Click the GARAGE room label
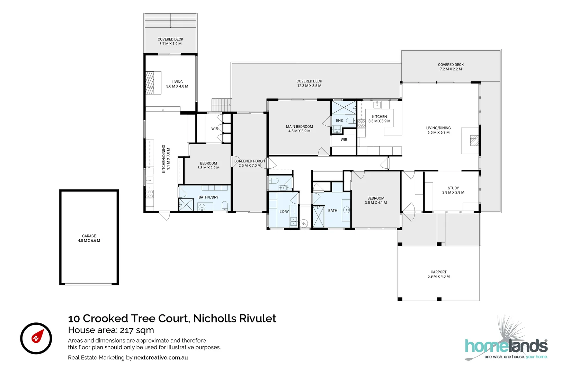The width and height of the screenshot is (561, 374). pyautogui.click(x=89, y=236)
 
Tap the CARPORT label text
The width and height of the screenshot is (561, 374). pyautogui.click(x=438, y=272)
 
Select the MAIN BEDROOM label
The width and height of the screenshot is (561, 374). pyautogui.click(x=299, y=127)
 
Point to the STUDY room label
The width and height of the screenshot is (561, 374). pyautogui.click(x=453, y=188)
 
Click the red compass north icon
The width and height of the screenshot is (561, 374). pyautogui.click(x=36, y=338)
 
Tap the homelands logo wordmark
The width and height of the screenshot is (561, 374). pyautogui.click(x=506, y=346)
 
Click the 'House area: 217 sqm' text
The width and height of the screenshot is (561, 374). pyautogui.click(x=111, y=330)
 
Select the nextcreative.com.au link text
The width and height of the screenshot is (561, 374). pyautogui.click(x=161, y=357)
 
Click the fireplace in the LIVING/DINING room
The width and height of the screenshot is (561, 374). pyautogui.click(x=474, y=140)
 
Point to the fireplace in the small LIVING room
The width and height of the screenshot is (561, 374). pyautogui.click(x=150, y=83)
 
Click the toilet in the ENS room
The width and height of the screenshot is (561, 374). pyautogui.click(x=350, y=121)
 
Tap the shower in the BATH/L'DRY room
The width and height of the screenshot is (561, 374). pyautogui.click(x=186, y=205)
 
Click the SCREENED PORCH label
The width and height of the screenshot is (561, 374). pyautogui.click(x=249, y=161)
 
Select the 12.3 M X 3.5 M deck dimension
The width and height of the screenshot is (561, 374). pyautogui.click(x=309, y=86)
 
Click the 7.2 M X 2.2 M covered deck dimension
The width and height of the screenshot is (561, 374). pyautogui.click(x=451, y=69)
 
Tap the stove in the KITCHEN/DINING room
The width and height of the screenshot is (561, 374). pyautogui.click(x=150, y=194)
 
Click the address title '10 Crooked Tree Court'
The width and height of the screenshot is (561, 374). pyautogui.click(x=128, y=318)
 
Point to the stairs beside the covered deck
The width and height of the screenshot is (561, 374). pyautogui.click(x=221, y=105)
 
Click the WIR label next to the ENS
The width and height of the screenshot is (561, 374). pyautogui.click(x=344, y=140)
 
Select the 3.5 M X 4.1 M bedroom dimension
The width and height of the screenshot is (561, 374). pyautogui.click(x=376, y=203)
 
